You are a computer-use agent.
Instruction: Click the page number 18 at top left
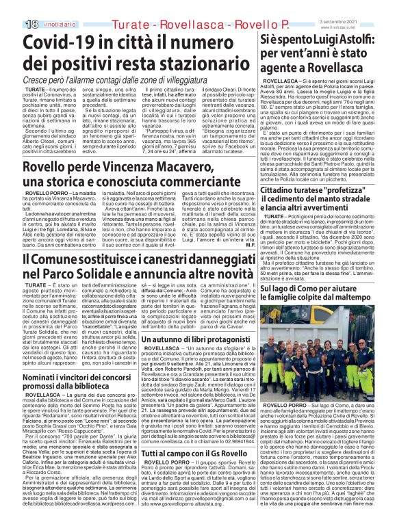[13, 6]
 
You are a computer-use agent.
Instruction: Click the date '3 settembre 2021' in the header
[368, 4]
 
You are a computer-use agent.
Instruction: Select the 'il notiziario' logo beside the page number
[40, 6]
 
